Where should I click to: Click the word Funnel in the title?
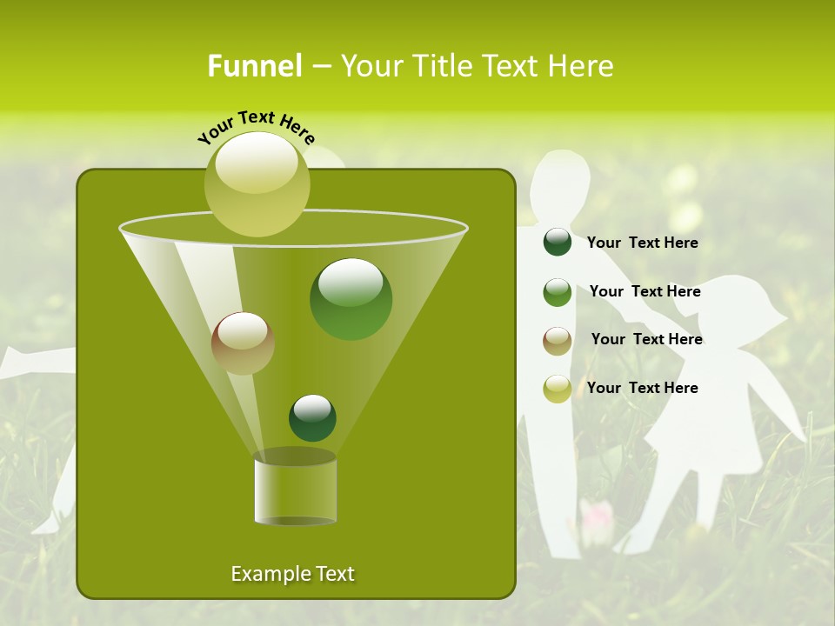(x=255, y=66)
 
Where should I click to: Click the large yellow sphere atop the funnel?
(x=257, y=183)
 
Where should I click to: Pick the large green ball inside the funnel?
(x=351, y=299)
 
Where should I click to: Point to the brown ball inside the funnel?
(x=243, y=343)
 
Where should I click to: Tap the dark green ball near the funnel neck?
(x=312, y=417)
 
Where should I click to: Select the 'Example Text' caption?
(x=292, y=574)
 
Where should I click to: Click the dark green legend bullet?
(x=558, y=242)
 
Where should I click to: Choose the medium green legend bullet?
(x=558, y=292)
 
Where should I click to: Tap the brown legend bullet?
(x=558, y=341)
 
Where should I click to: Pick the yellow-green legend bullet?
(x=558, y=389)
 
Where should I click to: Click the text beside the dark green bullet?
(x=642, y=243)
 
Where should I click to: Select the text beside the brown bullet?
(x=646, y=340)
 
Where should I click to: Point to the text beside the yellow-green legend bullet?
(x=642, y=388)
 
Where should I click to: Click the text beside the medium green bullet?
(x=645, y=292)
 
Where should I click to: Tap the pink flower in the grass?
(x=597, y=515)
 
